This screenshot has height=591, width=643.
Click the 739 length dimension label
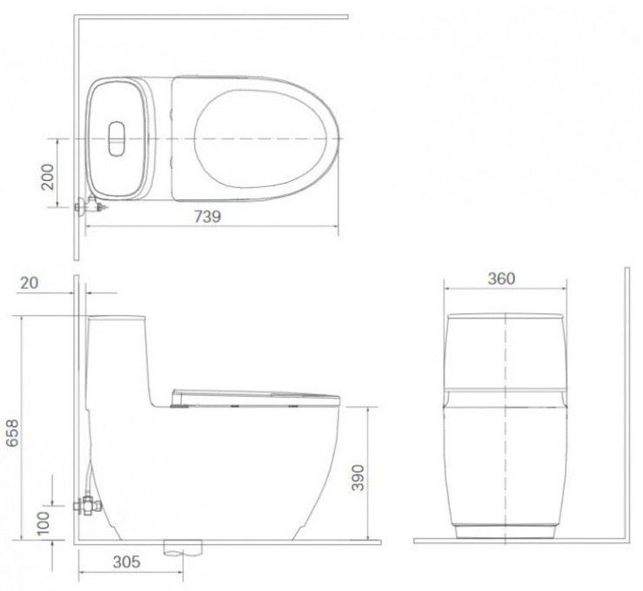click(207, 216)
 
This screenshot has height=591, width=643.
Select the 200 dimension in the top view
click(48, 177)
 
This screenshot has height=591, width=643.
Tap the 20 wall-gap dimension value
click(29, 283)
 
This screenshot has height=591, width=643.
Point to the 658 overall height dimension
click(12, 433)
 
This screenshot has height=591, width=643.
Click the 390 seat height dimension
click(358, 477)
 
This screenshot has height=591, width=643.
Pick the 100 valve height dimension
click(43, 523)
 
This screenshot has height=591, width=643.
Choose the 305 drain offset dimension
click(127, 561)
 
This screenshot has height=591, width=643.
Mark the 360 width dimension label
click(501, 279)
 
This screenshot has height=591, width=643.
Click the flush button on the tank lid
click(117, 138)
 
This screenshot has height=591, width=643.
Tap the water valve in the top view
click(90, 205)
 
